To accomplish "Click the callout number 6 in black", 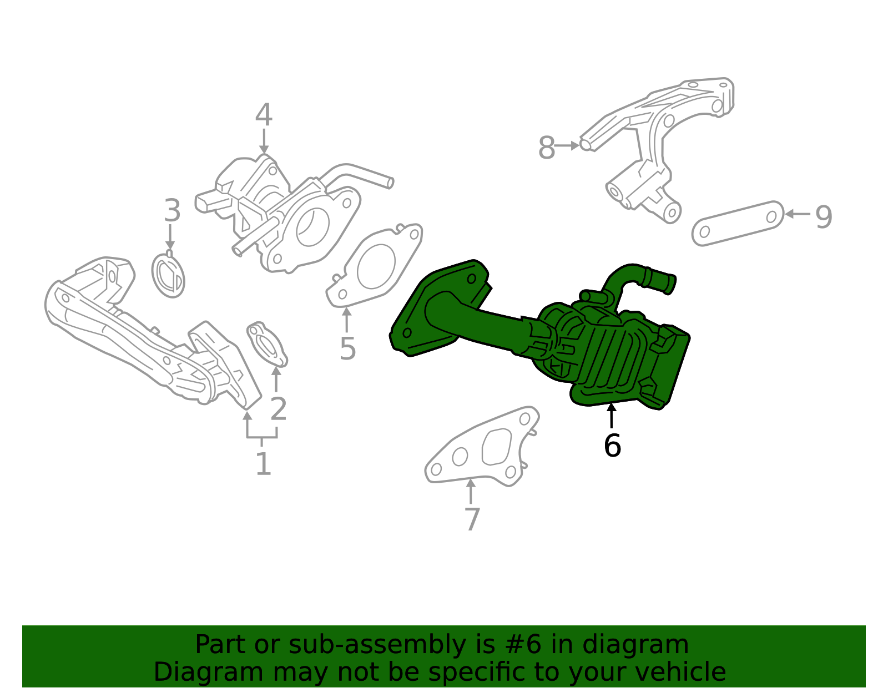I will tap(612, 446).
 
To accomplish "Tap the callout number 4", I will tap(264, 116).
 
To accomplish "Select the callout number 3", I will tap(172, 211).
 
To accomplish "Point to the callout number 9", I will tap(824, 216).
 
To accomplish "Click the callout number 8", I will tap(547, 148).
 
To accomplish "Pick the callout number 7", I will tap(471, 519).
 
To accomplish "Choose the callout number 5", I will tap(347, 348).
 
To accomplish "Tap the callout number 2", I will tap(278, 409).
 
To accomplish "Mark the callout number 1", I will tap(263, 464).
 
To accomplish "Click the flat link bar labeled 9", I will tap(738, 223).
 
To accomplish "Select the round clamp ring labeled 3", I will tap(168, 275).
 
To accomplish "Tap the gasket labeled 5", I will tap(375, 266).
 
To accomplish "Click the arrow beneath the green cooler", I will tap(612, 417).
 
